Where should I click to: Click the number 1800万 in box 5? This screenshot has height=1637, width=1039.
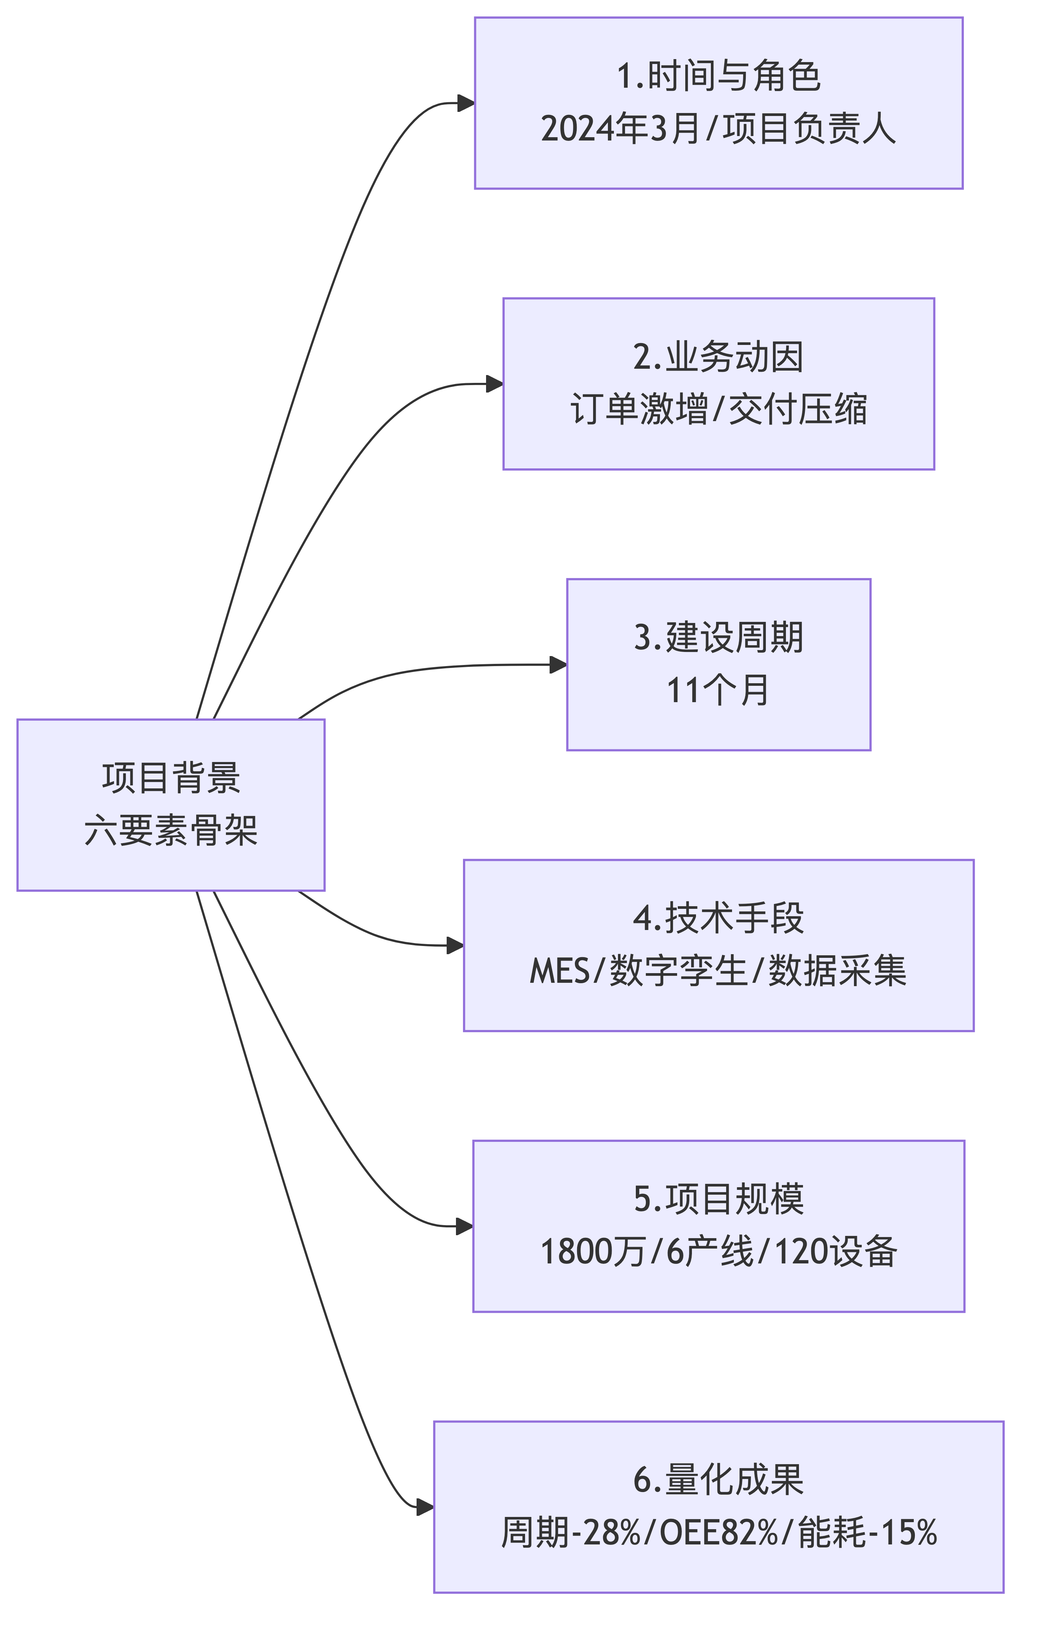tap(593, 1252)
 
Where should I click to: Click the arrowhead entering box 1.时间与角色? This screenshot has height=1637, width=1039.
tap(466, 103)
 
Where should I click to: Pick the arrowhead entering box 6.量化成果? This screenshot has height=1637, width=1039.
tap(425, 1507)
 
